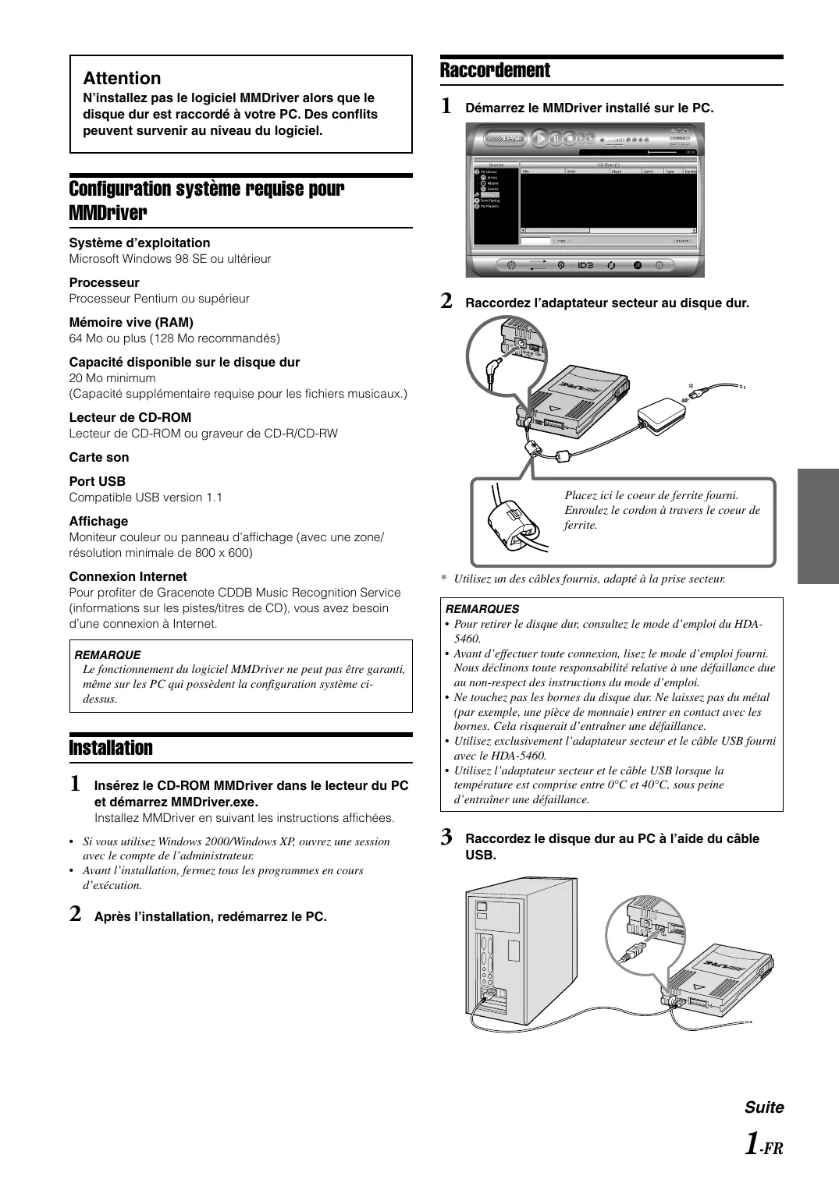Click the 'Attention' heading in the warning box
[122, 78]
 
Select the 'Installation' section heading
[111, 748]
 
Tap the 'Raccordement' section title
[495, 70]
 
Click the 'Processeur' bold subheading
[104, 282]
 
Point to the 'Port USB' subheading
[97, 481]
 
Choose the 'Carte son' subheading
[99, 457]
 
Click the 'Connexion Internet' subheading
[128, 576]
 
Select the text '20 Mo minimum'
[112, 378]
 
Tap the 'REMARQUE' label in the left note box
[107, 655]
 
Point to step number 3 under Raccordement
[446, 838]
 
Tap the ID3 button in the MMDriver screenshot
[585, 265]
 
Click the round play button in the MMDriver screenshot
[539, 138]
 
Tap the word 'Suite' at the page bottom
[763, 1107]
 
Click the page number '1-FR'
[763, 1145]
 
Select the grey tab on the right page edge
[818, 526]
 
